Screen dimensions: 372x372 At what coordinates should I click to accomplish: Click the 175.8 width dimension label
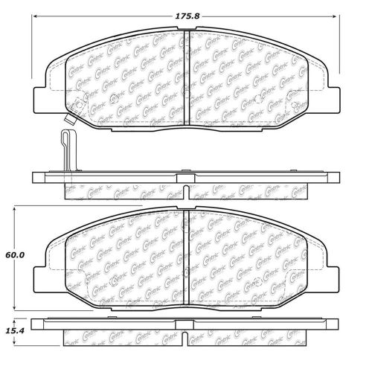[186, 13]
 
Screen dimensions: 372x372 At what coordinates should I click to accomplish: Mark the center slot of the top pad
[186, 74]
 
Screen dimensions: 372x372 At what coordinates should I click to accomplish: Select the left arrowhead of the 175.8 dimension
[36, 13]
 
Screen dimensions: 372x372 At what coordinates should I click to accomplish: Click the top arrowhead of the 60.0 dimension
[16, 212]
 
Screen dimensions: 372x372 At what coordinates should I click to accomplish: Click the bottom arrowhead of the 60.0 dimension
[16, 310]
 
